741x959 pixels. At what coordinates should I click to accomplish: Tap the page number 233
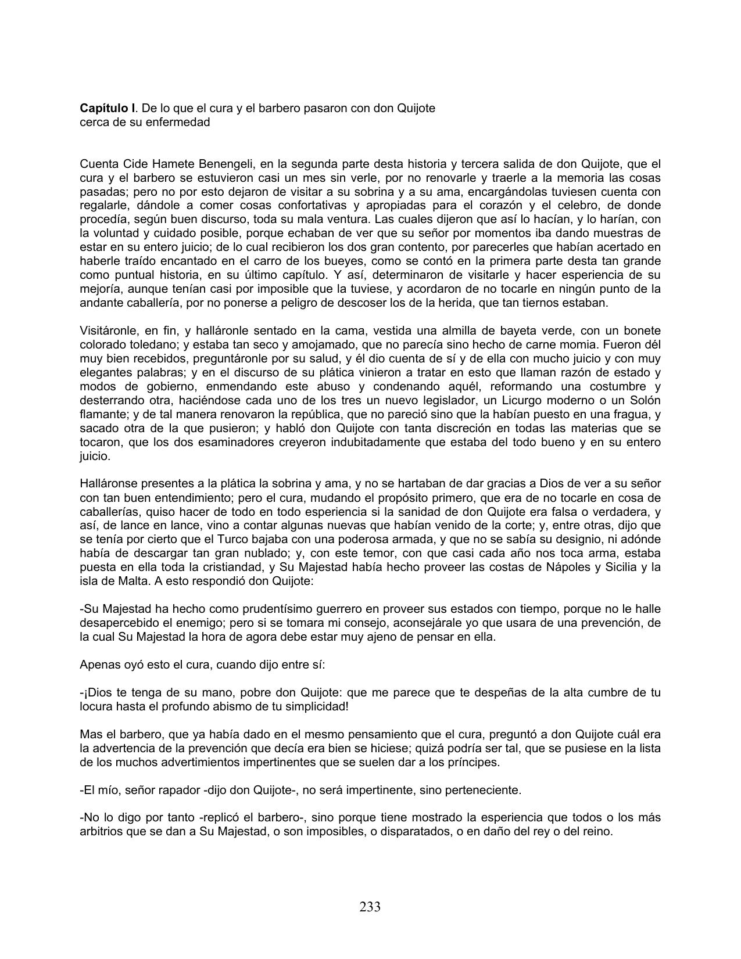[370, 907]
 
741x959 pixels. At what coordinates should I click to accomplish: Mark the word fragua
[633, 415]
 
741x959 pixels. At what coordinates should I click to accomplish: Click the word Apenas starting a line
[98, 665]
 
